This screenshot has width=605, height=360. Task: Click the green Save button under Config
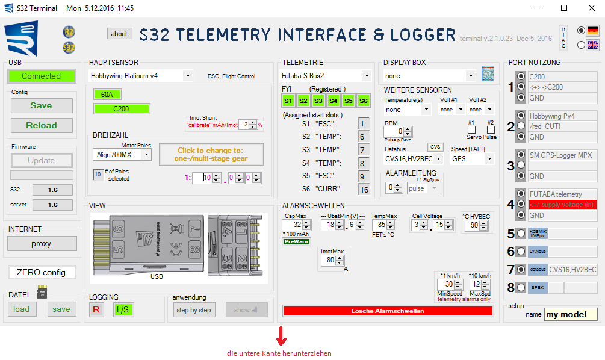pos(42,105)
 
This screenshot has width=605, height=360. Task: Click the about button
pos(119,34)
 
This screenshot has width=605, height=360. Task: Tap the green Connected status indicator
pos(42,76)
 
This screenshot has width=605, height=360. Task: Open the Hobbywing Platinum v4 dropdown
pos(188,76)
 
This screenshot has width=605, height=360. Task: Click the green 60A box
pos(107,95)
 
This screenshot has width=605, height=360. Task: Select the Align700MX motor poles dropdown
pos(146,154)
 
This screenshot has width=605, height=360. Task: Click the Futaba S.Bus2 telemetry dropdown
pos(366,76)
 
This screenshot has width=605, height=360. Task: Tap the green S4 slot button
pos(334,101)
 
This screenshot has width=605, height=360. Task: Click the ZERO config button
pos(42,272)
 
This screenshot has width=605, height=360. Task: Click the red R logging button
pos(96,310)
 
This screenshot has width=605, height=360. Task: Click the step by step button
pos(194,310)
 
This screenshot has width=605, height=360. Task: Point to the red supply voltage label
pos(562,205)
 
